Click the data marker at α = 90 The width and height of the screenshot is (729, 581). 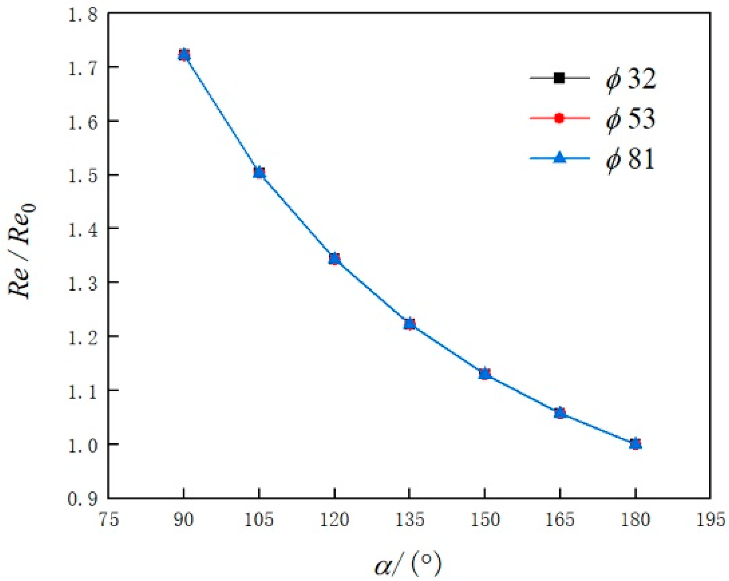pos(184,54)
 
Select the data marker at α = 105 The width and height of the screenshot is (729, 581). pos(259,173)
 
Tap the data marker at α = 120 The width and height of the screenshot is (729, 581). pos(335,259)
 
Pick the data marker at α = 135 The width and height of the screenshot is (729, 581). pos(410,324)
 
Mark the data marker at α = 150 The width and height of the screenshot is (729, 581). pos(485,374)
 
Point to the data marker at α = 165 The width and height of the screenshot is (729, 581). pos(560,413)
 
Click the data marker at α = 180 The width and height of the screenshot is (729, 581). pos(636,444)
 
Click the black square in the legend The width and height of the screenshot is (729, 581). pos(559,78)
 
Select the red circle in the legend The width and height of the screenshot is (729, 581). pos(559,118)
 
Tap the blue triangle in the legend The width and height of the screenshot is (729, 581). pos(559,157)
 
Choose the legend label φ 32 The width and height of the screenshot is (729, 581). pos(631,79)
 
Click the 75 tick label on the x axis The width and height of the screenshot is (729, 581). pos(109,520)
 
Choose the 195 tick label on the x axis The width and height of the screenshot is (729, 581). pos(711,520)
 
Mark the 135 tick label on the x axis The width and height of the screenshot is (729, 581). pos(410,520)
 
